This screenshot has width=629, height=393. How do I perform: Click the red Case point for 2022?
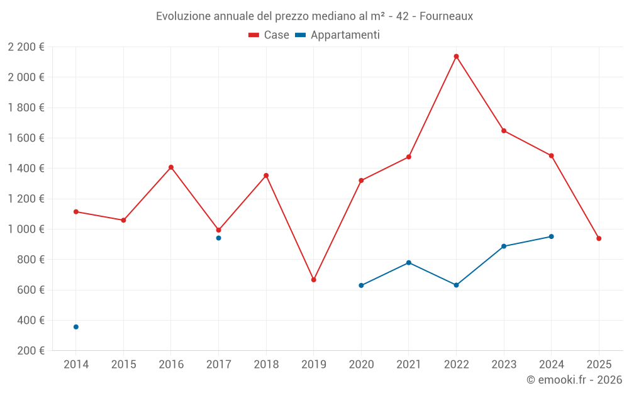456,57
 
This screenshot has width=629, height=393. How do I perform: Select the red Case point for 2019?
314,280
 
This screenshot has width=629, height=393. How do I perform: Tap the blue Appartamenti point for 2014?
76,327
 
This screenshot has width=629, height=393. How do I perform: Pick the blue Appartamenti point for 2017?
218,238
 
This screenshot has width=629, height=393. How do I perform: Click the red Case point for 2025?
599,238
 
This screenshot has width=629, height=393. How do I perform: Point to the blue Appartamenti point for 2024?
551,236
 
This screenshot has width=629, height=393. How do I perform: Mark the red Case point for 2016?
171,167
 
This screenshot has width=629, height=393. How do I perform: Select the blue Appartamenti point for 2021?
409,262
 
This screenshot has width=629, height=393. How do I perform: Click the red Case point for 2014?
76,211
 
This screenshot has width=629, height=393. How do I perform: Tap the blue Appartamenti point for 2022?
456,285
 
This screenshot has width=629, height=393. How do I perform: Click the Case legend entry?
269,35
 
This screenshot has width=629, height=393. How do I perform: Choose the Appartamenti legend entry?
337,35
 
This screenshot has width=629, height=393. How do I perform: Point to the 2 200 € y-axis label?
26,47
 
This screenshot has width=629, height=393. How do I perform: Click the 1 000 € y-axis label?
26,230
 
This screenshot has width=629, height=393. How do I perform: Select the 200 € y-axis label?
31,351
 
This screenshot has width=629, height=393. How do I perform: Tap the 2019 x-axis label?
314,364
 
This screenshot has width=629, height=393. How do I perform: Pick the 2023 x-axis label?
504,364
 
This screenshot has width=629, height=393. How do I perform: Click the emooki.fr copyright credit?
574,380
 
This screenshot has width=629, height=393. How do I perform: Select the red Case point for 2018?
266,175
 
